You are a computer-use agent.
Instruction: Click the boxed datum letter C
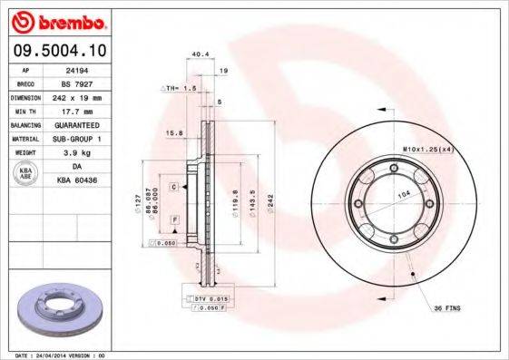(x=172, y=186)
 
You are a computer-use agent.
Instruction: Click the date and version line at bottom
(x=63, y=354)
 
